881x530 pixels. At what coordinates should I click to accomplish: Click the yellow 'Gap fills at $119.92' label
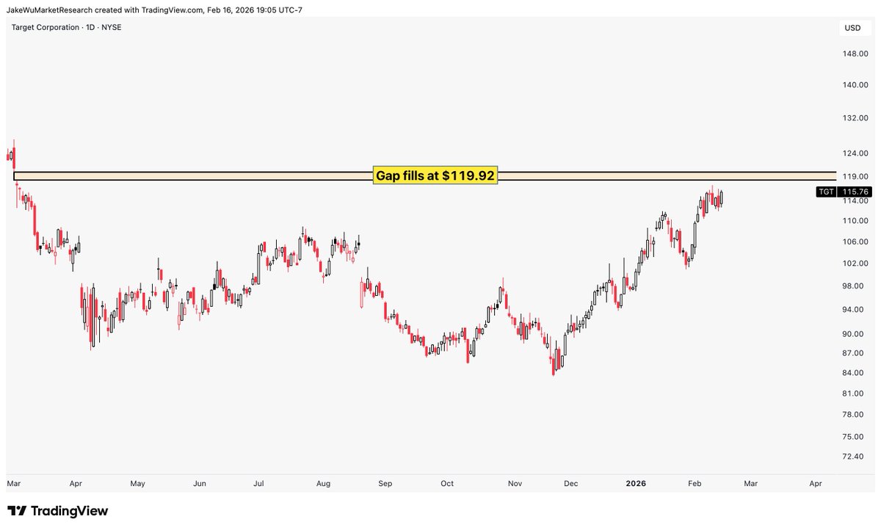click(435, 176)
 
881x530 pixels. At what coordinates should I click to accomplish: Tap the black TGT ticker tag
click(826, 192)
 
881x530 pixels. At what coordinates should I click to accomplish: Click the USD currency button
click(852, 29)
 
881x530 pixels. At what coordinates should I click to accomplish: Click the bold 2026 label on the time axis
click(635, 484)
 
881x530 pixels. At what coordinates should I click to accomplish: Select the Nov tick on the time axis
click(516, 484)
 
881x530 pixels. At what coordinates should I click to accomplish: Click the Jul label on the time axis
click(258, 484)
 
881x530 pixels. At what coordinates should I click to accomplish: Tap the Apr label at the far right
click(816, 484)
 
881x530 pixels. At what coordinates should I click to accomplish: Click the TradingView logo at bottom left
click(58, 511)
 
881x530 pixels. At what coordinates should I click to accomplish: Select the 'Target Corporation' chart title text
click(46, 27)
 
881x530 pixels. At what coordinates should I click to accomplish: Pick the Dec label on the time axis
click(571, 484)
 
